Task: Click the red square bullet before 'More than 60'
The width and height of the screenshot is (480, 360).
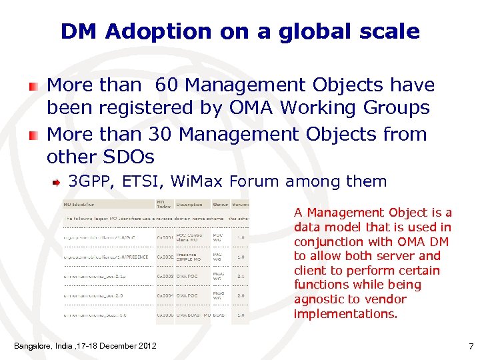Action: click(x=33, y=86)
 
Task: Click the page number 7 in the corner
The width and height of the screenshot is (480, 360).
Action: click(x=471, y=346)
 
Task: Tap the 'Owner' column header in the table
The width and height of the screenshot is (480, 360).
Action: click(x=221, y=205)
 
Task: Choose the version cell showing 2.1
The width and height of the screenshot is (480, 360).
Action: click(x=241, y=276)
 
